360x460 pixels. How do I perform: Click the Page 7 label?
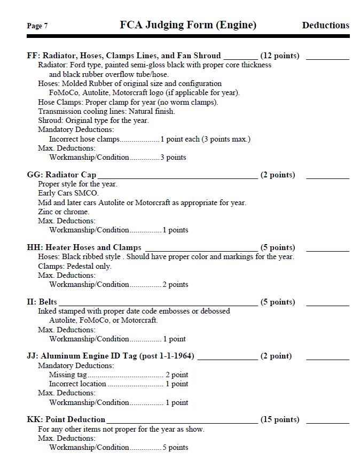tap(37, 26)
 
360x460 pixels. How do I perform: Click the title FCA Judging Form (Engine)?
tap(188, 25)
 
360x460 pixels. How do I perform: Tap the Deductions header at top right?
tap(325, 25)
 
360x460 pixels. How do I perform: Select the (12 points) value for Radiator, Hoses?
tap(279, 56)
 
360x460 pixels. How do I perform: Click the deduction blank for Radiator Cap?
tap(327, 176)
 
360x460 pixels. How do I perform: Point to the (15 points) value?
tap(279, 419)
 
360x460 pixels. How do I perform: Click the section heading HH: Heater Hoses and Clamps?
tap(84, 247)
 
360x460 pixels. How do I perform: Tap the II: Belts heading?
tap(42, 302)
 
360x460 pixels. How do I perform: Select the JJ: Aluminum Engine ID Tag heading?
tap(110, 356)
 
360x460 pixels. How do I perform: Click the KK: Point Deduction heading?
tap(66, 419)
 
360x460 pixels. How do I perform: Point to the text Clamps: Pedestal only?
tap(74, 266)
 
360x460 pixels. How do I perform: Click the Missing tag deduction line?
tap(118, 375)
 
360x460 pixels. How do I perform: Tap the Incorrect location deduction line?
tap(118, 384)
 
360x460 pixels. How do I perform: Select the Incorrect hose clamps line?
tap(150, 139)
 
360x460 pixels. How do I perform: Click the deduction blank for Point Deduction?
tap(327, 421)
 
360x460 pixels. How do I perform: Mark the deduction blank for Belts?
tap(327, 303)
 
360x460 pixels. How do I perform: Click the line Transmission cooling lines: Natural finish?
tap(106, 111)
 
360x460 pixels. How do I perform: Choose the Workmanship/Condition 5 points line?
tap(118, 447)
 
